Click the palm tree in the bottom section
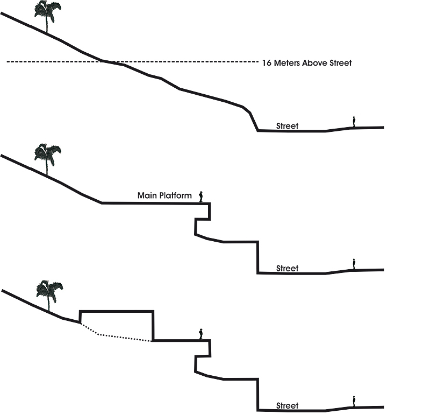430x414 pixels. [x=49, y=294]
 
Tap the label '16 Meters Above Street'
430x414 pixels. [x=306, y=63]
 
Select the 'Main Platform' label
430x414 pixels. [x=164, y=195]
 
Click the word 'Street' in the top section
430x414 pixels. [x=287, y=126]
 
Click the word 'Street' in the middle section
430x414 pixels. [x=287, y=268]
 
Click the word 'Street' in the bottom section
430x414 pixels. [x=287, y=405]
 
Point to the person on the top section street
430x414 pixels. [x=354, y=122]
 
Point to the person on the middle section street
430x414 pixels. [x=354, y=264]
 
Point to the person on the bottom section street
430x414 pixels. [x=354, y=401]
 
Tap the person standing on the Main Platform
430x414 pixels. [x=202, y=197]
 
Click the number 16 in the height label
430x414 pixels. [x=266, y=63]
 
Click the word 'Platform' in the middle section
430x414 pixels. [x=176, y=195]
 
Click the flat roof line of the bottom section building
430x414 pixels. [x=116, y=311]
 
